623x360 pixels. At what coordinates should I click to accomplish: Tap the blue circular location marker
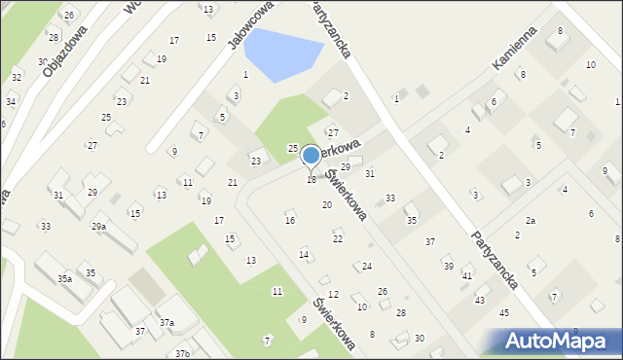pyautogui.click(x=311, y=155)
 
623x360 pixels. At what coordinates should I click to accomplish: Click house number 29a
pyautogui.click(x=98, y=226)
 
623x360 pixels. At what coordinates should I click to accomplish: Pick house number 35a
pyautogui.click(x=64, y=278)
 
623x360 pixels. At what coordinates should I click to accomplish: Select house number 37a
pyautogui.click(x=166, y=322)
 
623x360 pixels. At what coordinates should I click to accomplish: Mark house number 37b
pyautogui.click(x=182, y=352)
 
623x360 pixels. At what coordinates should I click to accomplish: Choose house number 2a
pyautogui.click(x=531, y=221)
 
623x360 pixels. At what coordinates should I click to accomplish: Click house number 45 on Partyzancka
pyautogui.click(x=503, y=312)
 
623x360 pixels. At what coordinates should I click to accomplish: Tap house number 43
pyautogui.click(x=479, y=300)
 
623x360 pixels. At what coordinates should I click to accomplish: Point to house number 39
pyautogui.click(x=448, y=266)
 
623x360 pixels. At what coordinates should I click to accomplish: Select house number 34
pyautogui.click(x=10, y=101)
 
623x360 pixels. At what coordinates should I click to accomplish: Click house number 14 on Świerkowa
pyautogui.click(x=304, y=254)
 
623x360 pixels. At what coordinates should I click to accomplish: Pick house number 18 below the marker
pyautogui.click(x=311, y=180)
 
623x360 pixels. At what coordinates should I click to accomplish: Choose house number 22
pyautogui.click(x=337, y=238)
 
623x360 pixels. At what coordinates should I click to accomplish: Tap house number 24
pyautogui.click(x=366, y=266)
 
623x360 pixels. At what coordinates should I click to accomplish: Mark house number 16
pyautogui.click(x=289, y=221)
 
